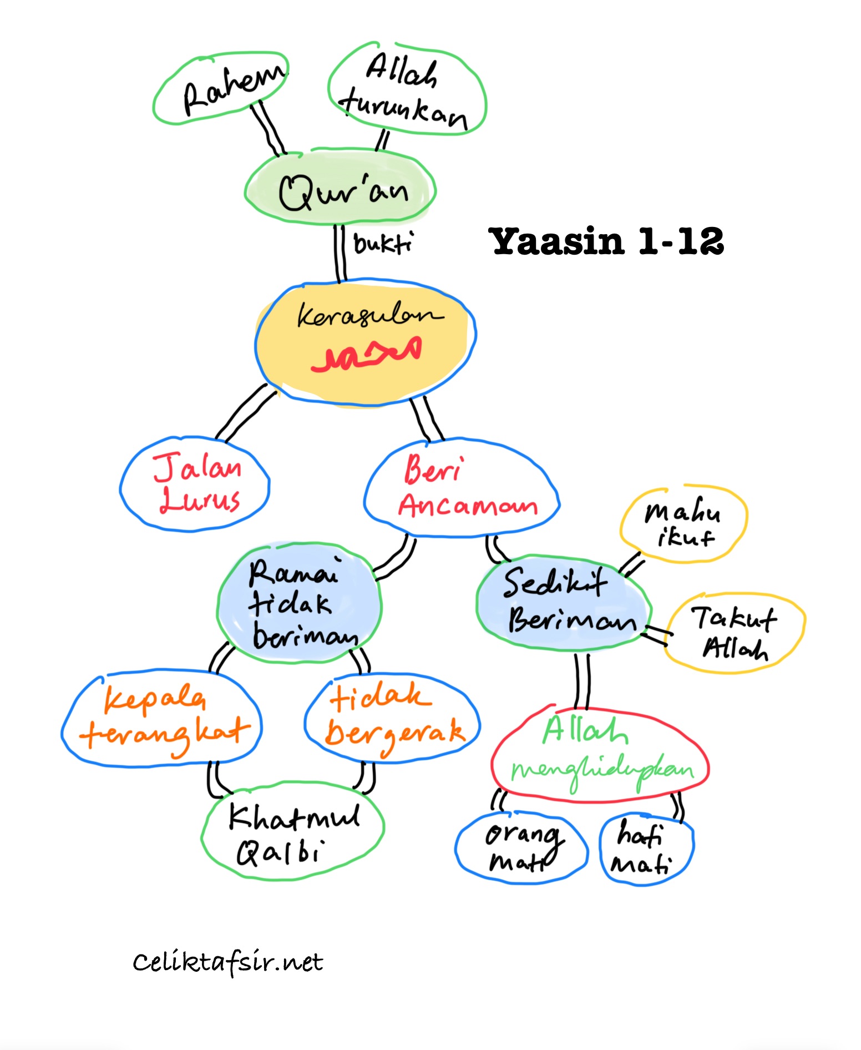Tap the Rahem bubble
pyautogui.click(x=222, y=88)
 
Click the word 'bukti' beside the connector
pyautogui.click(x=383, y=244)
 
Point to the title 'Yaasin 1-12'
pyautogui.click(x=606, y=241)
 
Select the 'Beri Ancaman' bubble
pyautogui.click(x=462, y=488)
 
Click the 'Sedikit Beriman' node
pyautogui.click(x=563, y=603)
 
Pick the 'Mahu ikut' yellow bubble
pyautogui.click(x=683, y=524)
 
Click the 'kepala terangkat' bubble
pyautogui.click(x=161, y=719)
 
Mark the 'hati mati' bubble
pyautogui.click(x=647, y=849)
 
